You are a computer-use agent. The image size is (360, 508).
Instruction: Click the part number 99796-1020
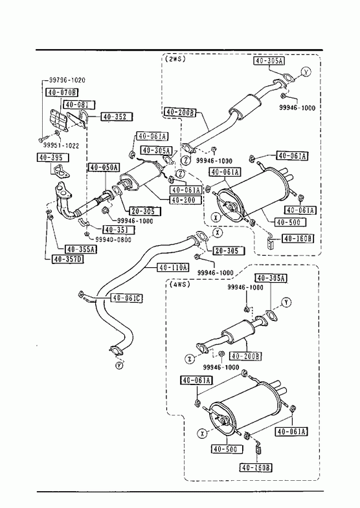(67, 80)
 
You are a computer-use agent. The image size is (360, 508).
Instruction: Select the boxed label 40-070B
(62, 93)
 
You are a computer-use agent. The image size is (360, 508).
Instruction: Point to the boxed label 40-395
(52, 157)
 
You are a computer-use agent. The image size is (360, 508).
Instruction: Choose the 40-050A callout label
(104, 168)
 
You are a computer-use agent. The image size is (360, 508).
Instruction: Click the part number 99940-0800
(113, 239)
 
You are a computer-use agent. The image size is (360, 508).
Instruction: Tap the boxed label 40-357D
(67, 259)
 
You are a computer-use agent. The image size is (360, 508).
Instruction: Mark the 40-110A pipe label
(173, 267)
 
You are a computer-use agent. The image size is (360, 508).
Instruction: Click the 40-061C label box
(127, 298)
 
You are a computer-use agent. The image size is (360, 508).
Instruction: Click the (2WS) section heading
(175, 59)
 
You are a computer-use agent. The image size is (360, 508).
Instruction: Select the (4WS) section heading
(179, 284)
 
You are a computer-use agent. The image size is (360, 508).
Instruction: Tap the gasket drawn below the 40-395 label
(60, 171)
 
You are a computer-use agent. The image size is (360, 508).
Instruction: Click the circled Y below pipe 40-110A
(120, 366)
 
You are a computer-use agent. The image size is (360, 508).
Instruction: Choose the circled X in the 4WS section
(202, 433)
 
